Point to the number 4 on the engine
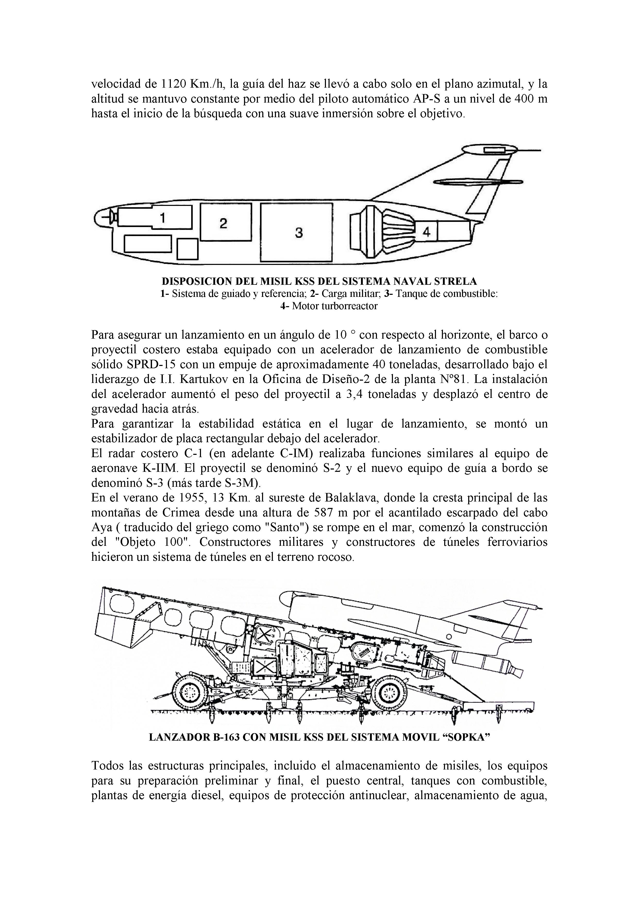(x=426, y=232)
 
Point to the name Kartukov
(x=206, y=380)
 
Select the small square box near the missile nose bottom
(x=187, y=249)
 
